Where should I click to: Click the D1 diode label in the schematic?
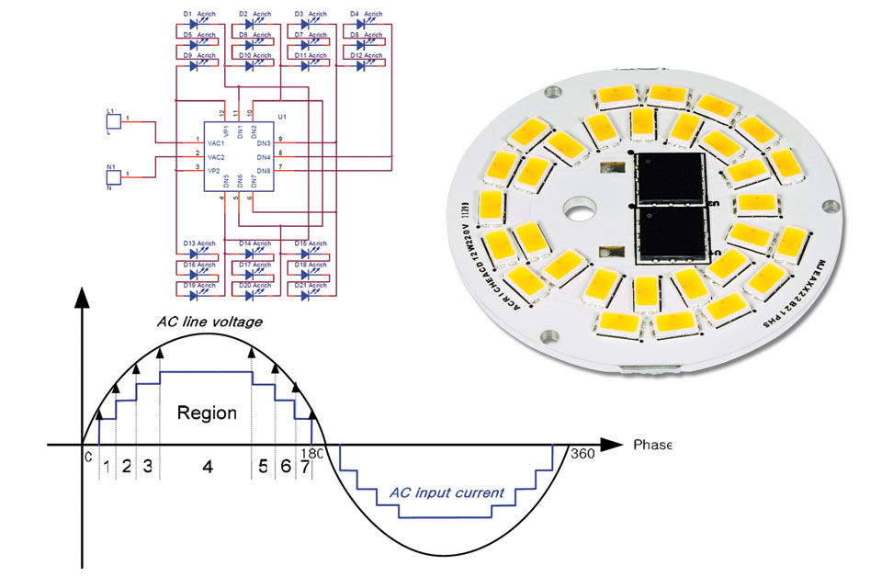[x=187, y=14]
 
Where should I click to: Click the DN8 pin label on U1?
[x=263, y=171]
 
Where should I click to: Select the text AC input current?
[x=447, y=492]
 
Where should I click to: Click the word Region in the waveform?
[x=207, y=413]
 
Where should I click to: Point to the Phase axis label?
[x=652, y=445]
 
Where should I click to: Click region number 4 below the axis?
[x=207, y=467]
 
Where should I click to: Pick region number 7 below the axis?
[x=304, y=467]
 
